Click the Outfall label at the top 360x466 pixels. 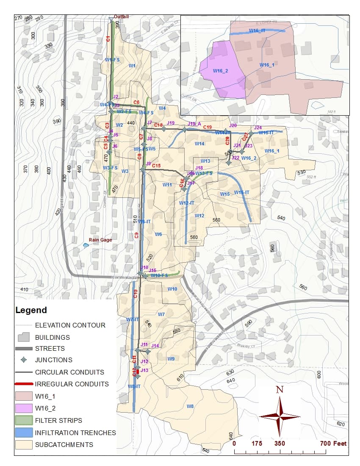(x=121, y=17)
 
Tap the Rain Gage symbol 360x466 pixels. (x=86, y=245)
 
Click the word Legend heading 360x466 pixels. (x=31, y=310)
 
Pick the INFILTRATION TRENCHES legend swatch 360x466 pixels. (x=24, y=433)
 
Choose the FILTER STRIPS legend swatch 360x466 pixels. (x=24, y=420)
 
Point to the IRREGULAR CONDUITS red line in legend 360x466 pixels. (x=24, y=384)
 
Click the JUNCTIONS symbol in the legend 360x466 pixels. (x=24, y=360)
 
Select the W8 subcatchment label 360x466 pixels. (x=190, y=406)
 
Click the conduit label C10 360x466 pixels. (x=136, y=294)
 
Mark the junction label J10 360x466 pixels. (x=145, y=268)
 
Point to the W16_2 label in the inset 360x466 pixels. (x=220, y=71)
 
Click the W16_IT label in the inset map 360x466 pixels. (x=257, y=31)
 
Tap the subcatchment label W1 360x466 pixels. (x=132, y=66)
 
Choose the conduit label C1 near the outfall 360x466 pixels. (x=108, y=39)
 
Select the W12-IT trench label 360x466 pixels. (x=186, y=203)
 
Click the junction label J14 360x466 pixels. (x=155, y=346)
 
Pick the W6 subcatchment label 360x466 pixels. (x=158, y=234)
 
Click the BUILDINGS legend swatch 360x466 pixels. (x=24, y=337)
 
